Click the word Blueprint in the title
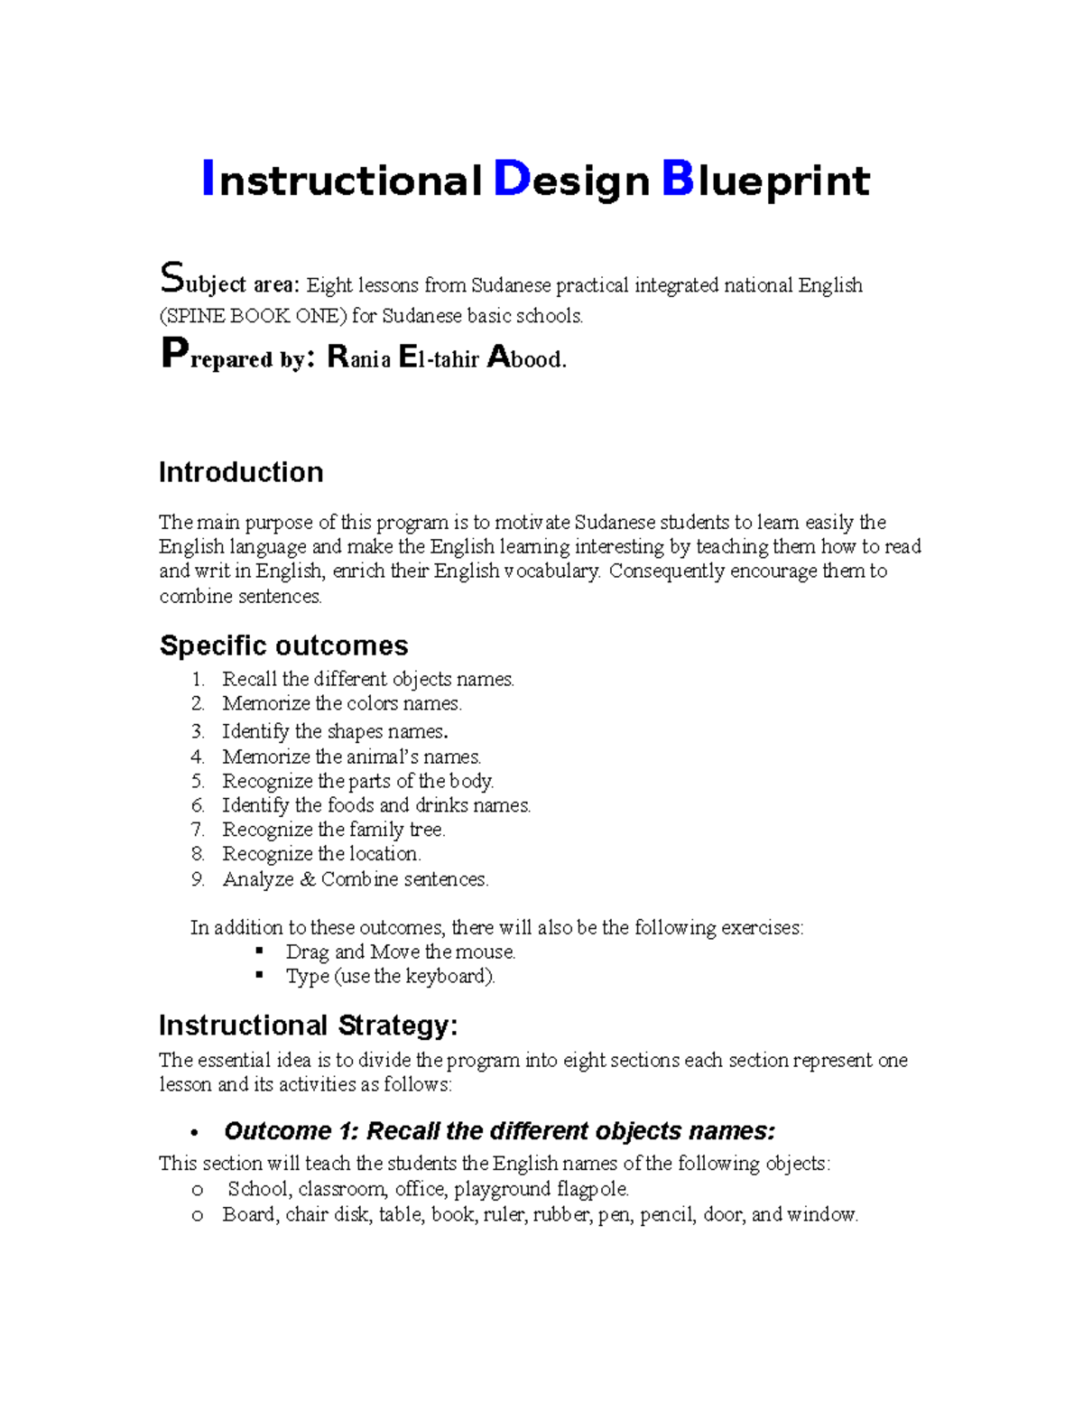point(766,181)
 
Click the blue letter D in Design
point(511,179)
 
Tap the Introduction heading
point(241,472)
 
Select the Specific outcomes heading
point(283,645)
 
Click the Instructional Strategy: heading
point(309,1026)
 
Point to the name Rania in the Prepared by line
point(358,358)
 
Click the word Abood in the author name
point(526,358)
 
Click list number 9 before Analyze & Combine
point(198,879)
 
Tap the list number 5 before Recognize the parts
point(198,782)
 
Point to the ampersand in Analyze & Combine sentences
point(308,879)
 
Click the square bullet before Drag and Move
point(260,951)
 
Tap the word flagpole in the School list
point(591,1189)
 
